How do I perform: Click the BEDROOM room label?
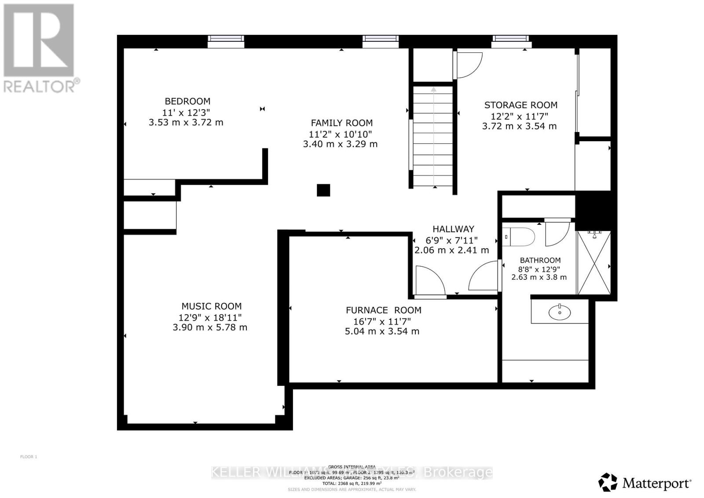pos(187,101)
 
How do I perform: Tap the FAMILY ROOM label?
pos(341,123)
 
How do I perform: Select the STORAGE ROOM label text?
pos(521,105)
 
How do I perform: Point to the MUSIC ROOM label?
pos(211,306)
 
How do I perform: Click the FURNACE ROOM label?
pos(383,310)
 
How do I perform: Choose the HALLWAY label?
pos(453,229)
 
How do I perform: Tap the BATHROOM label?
pos(540,260)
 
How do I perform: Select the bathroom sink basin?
pos(559,312)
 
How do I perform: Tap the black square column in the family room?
pos(323,190)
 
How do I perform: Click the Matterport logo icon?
pos(608,482)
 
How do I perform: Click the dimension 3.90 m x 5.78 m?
pos(210,327)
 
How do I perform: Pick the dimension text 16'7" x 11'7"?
pos(383,321)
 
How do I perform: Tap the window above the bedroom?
pos(226,41)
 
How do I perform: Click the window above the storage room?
pos(511,41)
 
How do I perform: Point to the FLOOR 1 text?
pos(29,457)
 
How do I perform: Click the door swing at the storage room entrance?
pos(468,64)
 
